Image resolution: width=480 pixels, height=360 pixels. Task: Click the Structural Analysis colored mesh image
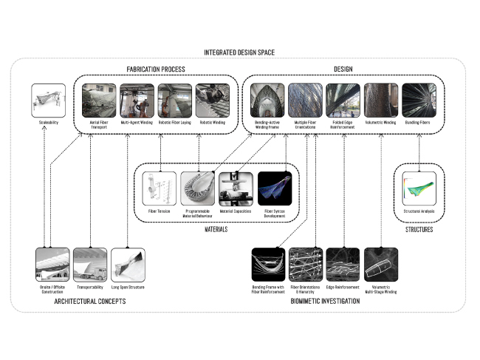(x=419, y=189)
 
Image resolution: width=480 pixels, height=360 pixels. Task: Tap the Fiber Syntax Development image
(x=275, y=189)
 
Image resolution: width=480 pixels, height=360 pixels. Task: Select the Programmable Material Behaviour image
(x=198, y=189)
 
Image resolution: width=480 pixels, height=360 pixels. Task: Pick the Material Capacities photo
(x=236, y=189)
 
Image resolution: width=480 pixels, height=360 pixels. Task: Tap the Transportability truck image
(x=90, y=264)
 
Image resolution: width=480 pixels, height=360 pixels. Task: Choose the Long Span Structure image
(x=128, y=264)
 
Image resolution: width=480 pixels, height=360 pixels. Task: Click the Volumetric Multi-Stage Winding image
(x=381, y=264)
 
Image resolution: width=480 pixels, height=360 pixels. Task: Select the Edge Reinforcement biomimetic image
(x=343, y=264)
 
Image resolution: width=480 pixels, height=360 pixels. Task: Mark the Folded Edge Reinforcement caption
(x=343, y=125)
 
